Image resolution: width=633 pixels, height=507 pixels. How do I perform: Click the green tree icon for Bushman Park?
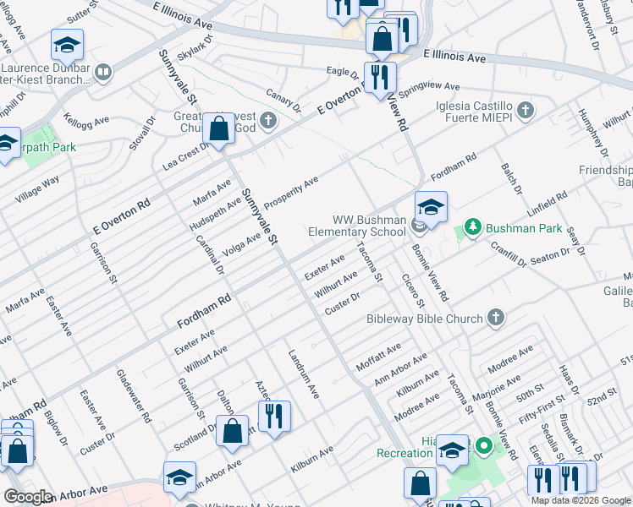(472, 227)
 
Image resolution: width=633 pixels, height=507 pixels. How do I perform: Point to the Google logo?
(29, 497)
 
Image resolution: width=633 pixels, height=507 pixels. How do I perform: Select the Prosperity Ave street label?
(291, 194)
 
